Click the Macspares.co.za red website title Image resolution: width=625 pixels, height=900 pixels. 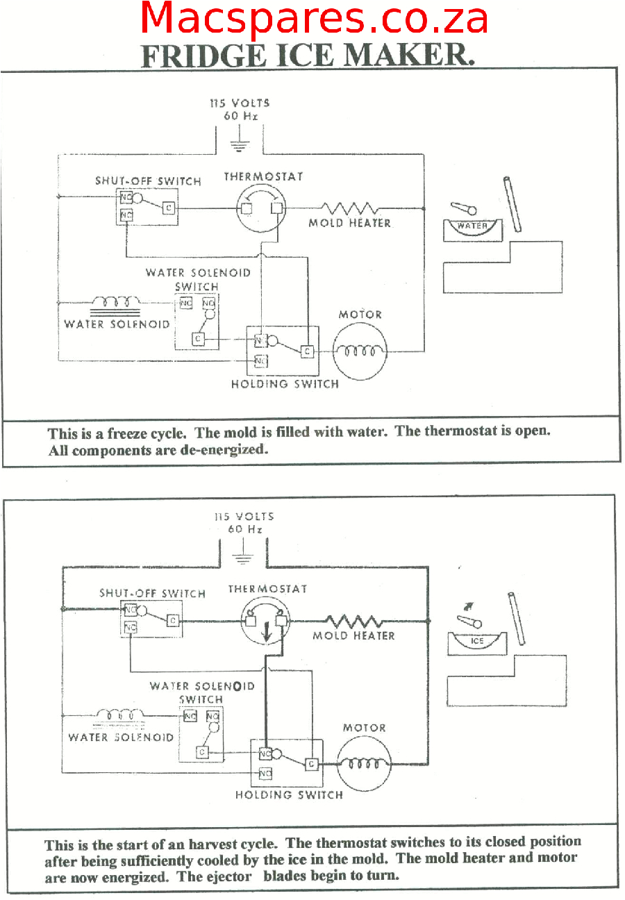point(314,19)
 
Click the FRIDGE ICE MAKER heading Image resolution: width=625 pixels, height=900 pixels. point(308,56)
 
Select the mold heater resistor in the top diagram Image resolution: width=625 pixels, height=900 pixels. point(349,208)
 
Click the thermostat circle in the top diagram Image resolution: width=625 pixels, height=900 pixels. point(260,208)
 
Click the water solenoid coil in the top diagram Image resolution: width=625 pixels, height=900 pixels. point(116,303)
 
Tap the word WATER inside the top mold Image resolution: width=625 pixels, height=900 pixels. point(472,226)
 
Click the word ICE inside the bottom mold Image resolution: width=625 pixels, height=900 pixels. point(477,640)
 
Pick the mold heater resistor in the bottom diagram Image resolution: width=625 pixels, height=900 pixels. point(354,620)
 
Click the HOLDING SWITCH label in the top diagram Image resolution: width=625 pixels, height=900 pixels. point(285,383)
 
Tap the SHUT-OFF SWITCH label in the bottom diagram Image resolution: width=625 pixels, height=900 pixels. point(152,593)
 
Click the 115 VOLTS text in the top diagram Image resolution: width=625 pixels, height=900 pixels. point(240,103)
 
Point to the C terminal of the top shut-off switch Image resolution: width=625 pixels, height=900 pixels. point(168,208)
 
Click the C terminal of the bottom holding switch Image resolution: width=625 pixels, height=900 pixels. point(311,764)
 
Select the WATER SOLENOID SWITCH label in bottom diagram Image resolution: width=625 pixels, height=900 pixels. point(201,692)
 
